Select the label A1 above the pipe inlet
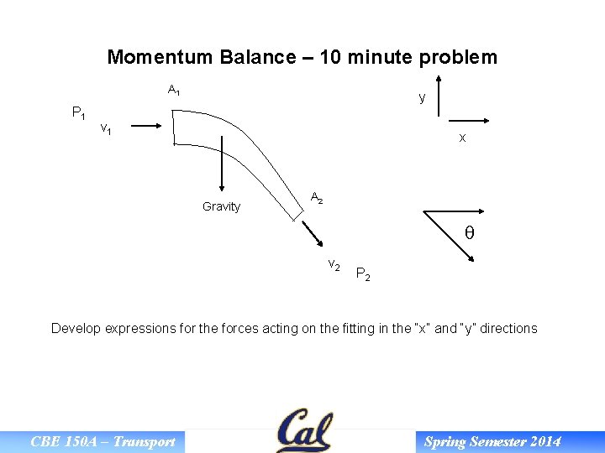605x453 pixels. tap(174, 90)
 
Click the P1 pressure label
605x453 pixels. tap(79, 113)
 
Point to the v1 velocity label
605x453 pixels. tap(107, 129)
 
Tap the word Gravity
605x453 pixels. tap(221, 207)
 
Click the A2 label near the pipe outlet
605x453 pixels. tap(316, 199)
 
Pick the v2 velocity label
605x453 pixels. tap(334, 265)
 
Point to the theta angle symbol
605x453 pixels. tap(469, 234)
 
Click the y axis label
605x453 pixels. tap(422, 98)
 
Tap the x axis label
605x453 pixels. tap(462, 138)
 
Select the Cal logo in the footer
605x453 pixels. tap(303, 431)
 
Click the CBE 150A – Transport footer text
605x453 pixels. tap(103, 442)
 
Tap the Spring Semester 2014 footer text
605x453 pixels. tap(492, 442)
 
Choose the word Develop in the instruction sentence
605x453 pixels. tap(76, 329)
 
